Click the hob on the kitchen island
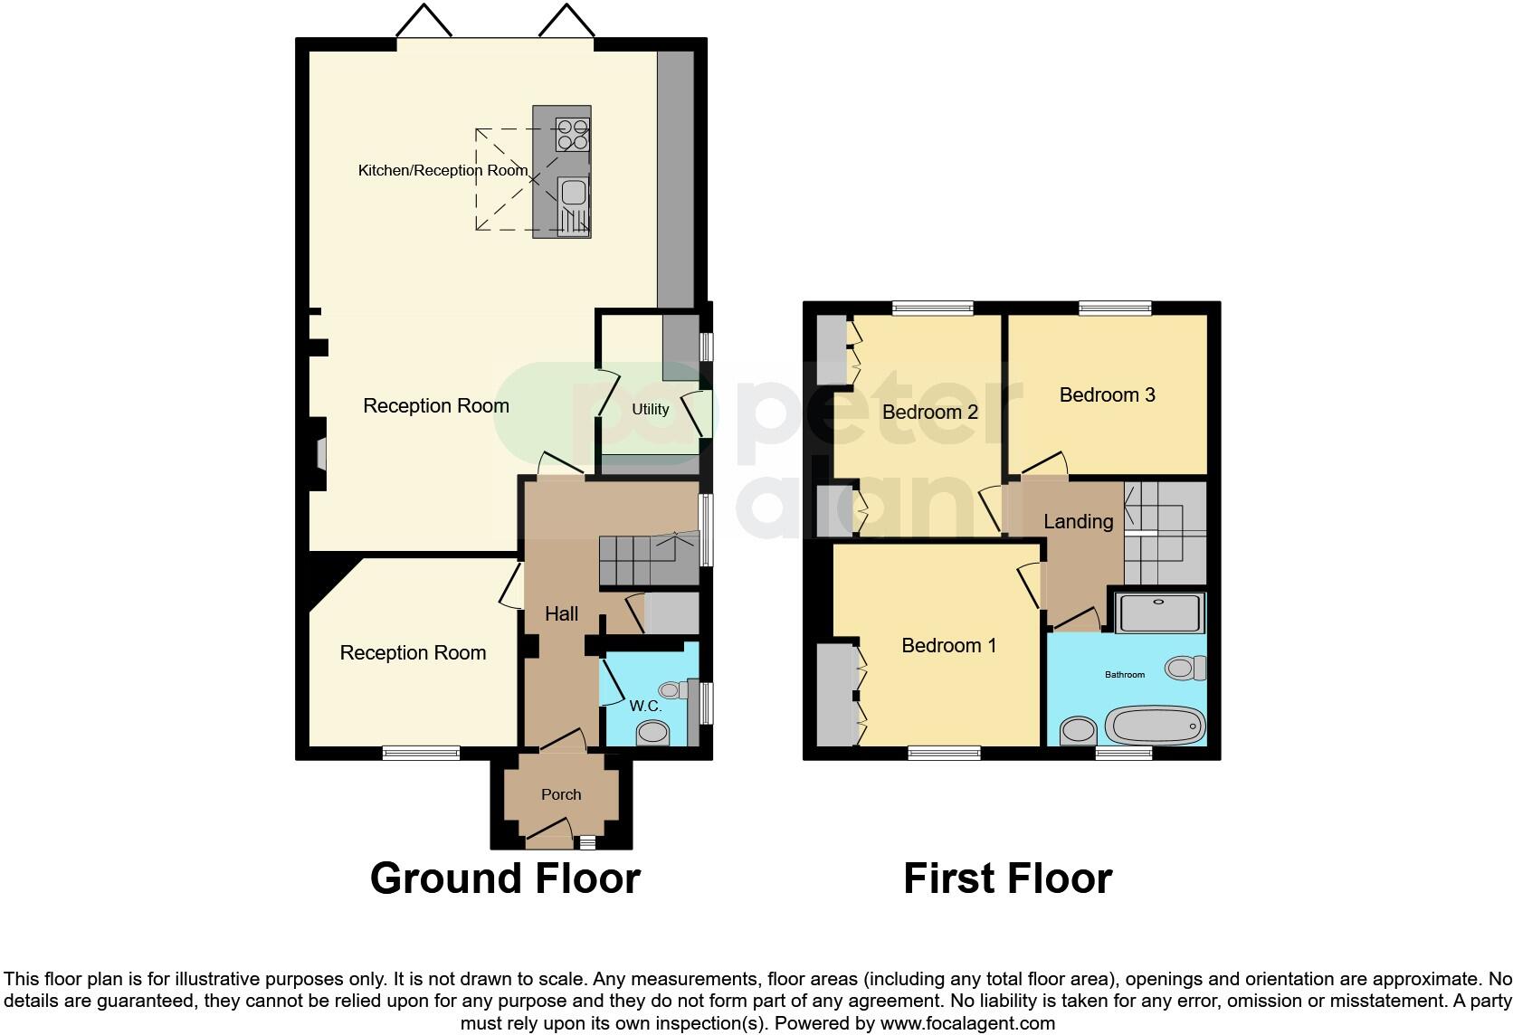click(572, 135)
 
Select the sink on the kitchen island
click(572, 193)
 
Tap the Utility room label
click(650, 409)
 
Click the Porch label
click(561, 794)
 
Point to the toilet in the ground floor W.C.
click(653, 734)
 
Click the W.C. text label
click(646, 706)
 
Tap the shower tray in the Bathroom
click(1160, 612)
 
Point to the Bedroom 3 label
click(1107, 394)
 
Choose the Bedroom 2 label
click(930, 413)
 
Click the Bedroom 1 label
click(948, 645)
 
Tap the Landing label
click(1078, 521)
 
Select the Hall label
click(561, 613)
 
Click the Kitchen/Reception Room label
click(442, 170)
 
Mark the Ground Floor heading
click(505, 878)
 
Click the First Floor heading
click(1007, 878)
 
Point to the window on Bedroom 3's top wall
click(1115, 308)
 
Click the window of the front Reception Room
click(421, 753)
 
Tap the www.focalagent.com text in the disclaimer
click(967, 1023)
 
